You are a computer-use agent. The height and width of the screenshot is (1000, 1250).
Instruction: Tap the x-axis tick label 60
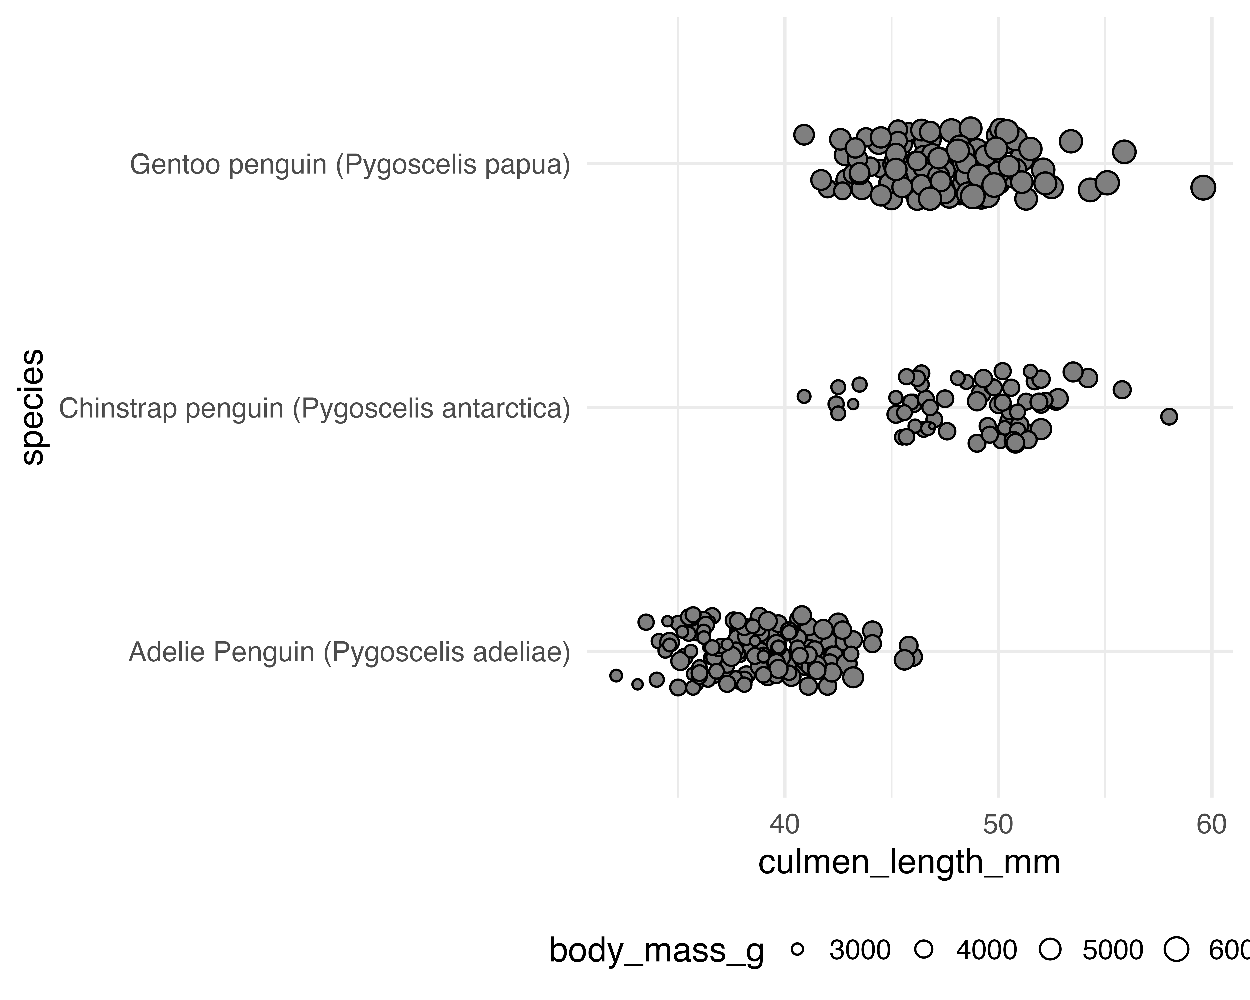pyautogui.click(x=1211, y=825)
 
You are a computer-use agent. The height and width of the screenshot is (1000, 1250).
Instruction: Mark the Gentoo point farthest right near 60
pyautogui.click(x=1203, y=187)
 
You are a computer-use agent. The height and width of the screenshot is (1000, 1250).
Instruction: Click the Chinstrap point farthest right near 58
pyautogui.click(x=1169, y=416)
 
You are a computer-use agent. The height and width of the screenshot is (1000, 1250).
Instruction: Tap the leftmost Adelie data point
pyautogui.click(x=616, y=675)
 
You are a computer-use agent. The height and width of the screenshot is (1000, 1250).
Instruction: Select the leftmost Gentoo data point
pyautogui.click(x=804, y=135)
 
